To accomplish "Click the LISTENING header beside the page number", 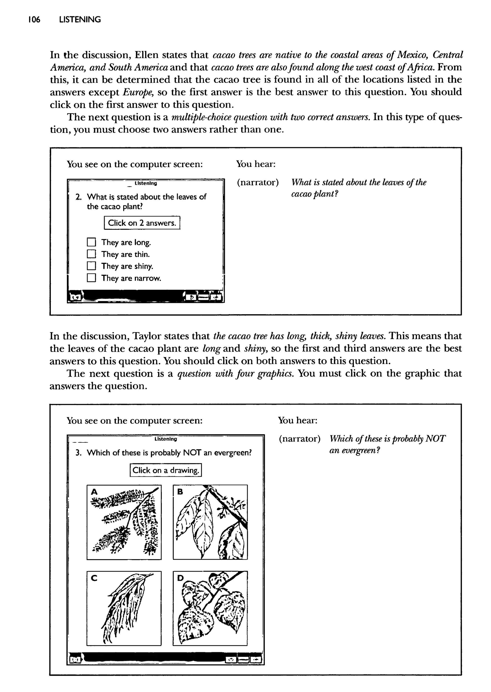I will (x=80, y=20).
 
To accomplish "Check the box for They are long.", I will (x=91, y=242).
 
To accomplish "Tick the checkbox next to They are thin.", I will (x=91, y=254).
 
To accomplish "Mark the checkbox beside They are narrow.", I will (x=91, y=278).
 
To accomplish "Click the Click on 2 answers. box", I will (x=142, y=223).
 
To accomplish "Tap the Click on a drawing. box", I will (x=166, y=470).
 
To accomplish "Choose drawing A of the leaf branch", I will (x=124, y=522).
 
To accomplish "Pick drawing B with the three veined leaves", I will (x=210, y=522).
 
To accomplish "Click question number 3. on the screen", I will (x=79, y=452).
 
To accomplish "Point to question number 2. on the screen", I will (x=79, y=197).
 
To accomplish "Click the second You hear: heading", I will (x=298, y=420).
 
